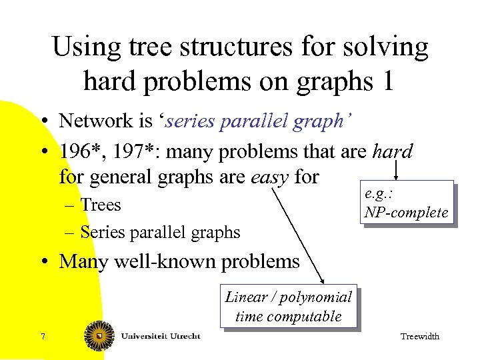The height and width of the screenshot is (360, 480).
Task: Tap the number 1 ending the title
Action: coord(385,81)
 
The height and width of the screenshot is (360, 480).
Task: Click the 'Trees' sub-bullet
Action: coord(101,205)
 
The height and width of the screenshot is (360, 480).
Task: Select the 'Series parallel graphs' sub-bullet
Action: coord(160,232)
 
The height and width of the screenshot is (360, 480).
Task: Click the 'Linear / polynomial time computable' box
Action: coord(288,307)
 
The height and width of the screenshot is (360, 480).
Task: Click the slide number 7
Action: coord(43,337)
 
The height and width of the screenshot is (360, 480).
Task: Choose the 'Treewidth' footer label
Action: coord(419,337)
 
